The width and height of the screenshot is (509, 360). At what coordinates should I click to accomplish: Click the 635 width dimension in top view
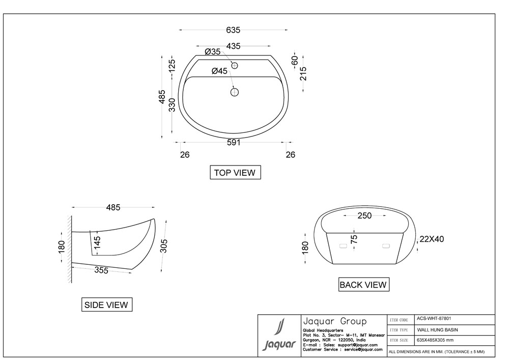pyautogui.click(x=233, y=30)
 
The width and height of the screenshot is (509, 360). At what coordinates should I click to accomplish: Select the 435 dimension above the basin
pyautogui.click(x=233, y=46)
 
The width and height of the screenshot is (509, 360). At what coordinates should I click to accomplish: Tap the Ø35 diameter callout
pyautogui.click(x=213, y=51)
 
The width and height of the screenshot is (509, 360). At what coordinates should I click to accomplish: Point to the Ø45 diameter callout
pyautogui.click(x=219, y=71)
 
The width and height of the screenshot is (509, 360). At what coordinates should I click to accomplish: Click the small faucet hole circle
pyautogui.click(x=234, y=66)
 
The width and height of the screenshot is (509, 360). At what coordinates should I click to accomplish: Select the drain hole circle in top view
pyautogui.click(x=234, y=92)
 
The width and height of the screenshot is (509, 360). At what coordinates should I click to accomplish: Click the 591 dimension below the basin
pyautogui.click(x=234, y=143)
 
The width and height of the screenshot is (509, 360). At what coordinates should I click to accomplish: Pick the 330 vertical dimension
pyautogui.click(x=173, y=105)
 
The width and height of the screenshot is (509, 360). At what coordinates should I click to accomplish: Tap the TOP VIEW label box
pyautogui.click(x=235, y=173)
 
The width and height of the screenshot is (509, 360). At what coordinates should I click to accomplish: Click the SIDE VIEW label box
pyautogui.click(x=106, y=305)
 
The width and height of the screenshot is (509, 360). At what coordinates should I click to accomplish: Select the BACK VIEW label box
pyautogui.click(x=363, y=285)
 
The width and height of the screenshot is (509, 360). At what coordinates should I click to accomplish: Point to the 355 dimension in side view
pyautogui.click(x=101, y=270)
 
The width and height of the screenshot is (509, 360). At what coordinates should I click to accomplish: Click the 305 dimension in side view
pyautogui.click(x=164, y=246)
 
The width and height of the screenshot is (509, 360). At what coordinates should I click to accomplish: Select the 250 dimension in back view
pyautogui.click(x=364, y=215)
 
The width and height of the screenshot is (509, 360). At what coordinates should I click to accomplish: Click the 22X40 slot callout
pyautogui.click(x=432, y=239)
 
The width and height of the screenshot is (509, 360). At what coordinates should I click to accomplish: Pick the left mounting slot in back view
pyautogui.click(x=343, y=246)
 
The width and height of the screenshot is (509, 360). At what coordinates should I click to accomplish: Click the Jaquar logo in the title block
pyautogui.click(x=279, y=335)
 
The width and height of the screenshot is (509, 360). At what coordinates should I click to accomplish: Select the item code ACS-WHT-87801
pyautogui.click(x=434, y=319)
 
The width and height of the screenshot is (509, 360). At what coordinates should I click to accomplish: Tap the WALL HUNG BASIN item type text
pyautogui.click(x=437, y=330)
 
